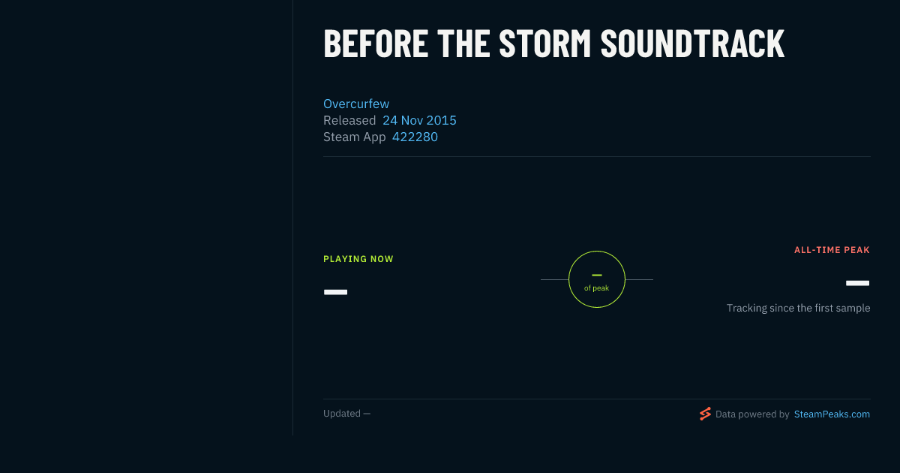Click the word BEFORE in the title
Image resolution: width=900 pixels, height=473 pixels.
click(x=376, y=44)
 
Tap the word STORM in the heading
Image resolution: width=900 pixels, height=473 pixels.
click(x=544, y=44)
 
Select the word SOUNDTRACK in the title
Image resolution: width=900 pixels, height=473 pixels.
click(x=693, y=44)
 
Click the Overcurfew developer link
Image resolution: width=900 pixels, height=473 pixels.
click(x=356, y=104)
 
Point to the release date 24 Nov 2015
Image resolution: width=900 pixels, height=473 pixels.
click(x=419, y=120)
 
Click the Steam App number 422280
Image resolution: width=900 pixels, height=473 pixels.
click(x=415, y=137)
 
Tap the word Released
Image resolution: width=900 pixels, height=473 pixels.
click(x=349, y=120)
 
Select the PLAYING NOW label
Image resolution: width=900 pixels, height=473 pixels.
click(x=358, y=259)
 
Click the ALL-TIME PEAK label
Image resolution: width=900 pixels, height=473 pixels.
click(x=832, y=250)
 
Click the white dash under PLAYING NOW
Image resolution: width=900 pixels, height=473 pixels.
click(x=335, y=292)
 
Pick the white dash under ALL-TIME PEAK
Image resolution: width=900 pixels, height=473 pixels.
click(x=857, y=283)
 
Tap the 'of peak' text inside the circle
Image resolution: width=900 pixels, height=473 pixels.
click(x=597, y=288)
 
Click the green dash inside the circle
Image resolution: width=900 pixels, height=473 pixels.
click(x=597, y=275)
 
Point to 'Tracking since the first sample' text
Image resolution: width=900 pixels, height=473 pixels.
click(x=798, y=308)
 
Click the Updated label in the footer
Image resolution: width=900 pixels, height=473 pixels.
click(x=342, y=414)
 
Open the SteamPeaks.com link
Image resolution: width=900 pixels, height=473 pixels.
click(x=832, y=414)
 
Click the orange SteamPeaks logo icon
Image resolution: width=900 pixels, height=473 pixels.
click(x=705, y=414)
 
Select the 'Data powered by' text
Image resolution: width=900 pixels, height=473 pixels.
click(x=752, y=414)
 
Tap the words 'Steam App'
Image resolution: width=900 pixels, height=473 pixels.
click(x=354, y=137)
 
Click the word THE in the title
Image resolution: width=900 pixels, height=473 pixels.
click(x=463, y=44)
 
